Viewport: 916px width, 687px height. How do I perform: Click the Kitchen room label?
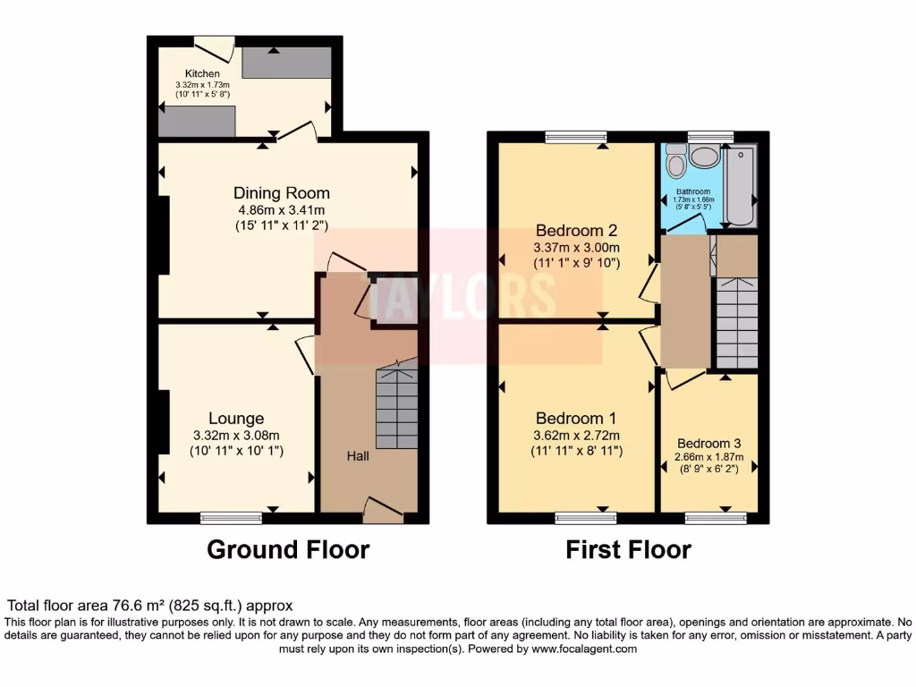(x=202, y=73)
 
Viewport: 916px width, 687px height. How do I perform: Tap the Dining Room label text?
(x=282, y=193)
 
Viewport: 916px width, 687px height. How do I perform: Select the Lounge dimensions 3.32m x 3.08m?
(x=236, y=436)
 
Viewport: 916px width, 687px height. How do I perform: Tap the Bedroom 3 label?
(x=708, y=444)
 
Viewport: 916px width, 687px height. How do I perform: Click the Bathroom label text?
(x=693, y=191)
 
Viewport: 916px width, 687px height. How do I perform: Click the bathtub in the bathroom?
(x=741, y=184)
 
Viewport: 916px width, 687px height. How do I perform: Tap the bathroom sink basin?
(x=707, y=157)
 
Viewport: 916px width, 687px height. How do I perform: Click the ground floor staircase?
(x=396, y=407)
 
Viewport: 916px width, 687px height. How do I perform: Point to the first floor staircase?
(x=735, y=322)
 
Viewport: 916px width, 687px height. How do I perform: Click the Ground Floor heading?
(x=288, y=549)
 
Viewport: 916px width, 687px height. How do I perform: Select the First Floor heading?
(x=628, y=549)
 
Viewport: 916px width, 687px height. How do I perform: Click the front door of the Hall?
(x=383, y=511)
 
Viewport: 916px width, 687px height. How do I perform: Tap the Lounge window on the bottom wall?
(x=231, y=517)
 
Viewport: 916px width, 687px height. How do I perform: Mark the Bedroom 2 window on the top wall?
(x=576, y=137)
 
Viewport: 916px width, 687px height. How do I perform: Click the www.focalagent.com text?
(x=585, y=649)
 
